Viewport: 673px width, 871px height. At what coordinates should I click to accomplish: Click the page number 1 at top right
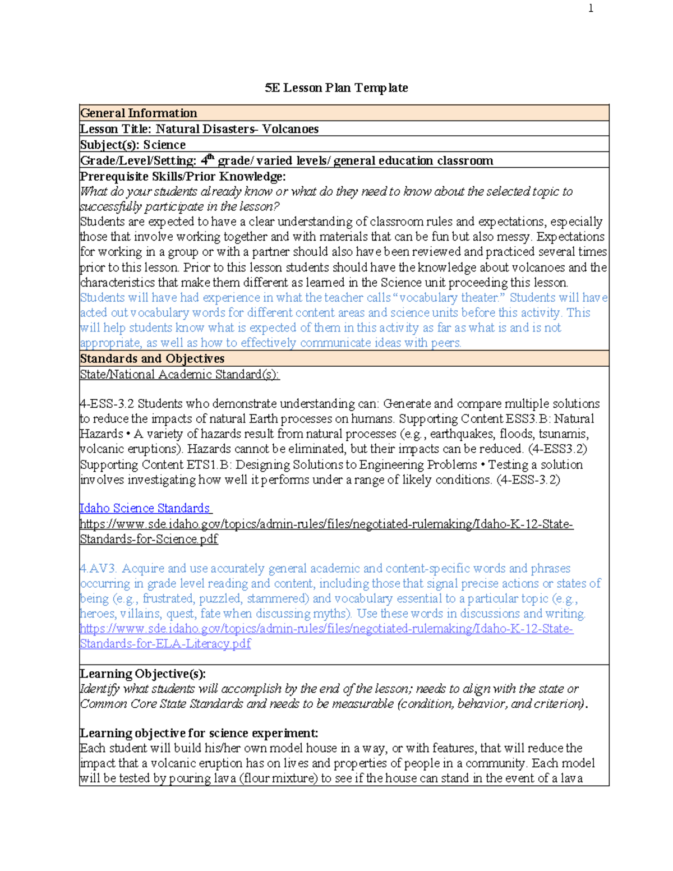(591, 8)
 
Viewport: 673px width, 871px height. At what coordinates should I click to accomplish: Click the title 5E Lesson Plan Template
(336, 88)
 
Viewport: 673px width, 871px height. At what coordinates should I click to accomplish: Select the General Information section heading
(139, 113)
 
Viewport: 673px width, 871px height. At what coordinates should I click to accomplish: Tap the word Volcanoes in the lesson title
(291, 129)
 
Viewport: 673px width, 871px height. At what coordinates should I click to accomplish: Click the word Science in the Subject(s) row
(164, 145)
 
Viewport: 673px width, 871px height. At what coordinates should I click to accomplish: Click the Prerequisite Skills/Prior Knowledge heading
(183, 177)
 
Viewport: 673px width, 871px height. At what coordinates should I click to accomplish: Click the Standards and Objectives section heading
(152, 359)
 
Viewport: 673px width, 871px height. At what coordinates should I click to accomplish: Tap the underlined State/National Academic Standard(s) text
(179, 375)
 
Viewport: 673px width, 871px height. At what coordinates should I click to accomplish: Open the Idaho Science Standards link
(145, 508)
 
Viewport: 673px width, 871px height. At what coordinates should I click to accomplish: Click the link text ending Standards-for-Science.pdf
(149, 540)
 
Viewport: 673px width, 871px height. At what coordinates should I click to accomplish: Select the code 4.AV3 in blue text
(98, 569)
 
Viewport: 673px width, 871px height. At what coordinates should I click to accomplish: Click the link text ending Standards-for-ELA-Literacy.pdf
(165, 644)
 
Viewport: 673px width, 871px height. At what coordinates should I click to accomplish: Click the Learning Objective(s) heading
(142, 674)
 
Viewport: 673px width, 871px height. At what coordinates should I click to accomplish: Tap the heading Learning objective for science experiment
(199, 734)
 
